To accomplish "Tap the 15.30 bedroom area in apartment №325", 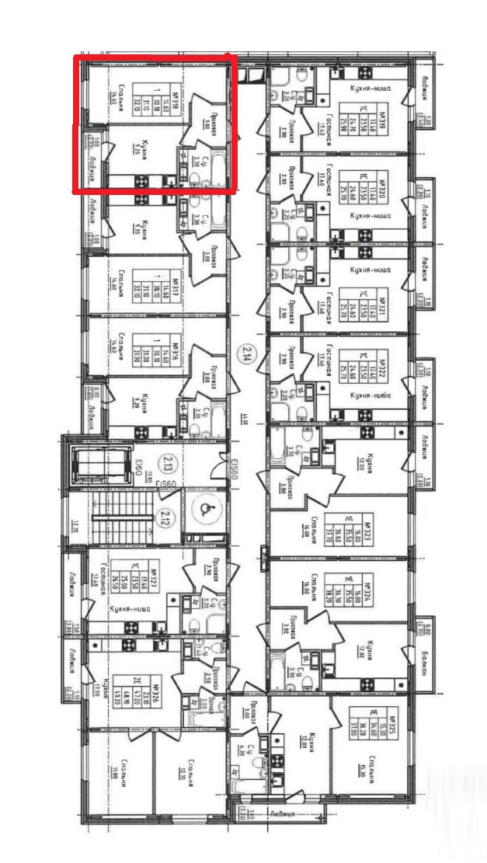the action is coord(362,766).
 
